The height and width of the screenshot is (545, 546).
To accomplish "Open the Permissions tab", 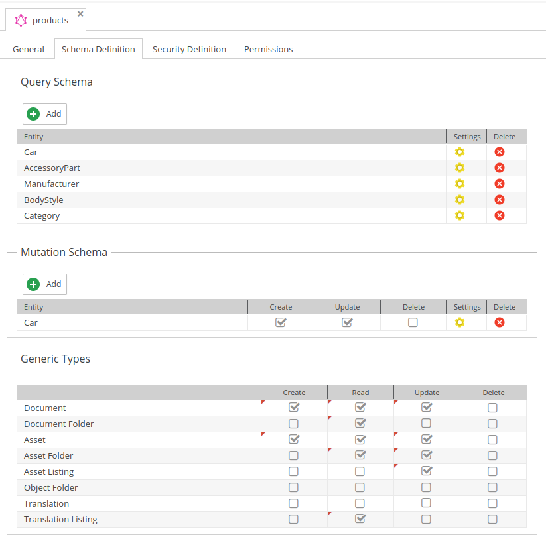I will (x=268, y=49).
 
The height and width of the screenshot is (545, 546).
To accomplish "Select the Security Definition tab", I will (x=189, y=49).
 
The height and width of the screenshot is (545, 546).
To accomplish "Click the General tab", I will (x=29, y=49).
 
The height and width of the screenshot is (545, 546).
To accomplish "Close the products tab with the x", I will (x=80, y=13).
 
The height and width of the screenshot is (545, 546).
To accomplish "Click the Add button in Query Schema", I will (x=45, y=114).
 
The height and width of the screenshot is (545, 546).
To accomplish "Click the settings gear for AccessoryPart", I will (x=460, y=168).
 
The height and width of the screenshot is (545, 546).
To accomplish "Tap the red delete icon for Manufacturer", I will (x=500, y=184).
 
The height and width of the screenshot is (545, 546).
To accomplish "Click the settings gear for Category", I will (x=460, y=215).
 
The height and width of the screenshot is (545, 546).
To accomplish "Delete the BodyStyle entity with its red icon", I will (x=500, y=200).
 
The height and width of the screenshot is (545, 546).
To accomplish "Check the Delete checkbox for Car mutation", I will (x=413, y=322).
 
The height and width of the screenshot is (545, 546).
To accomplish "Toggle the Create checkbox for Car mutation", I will (x=281, y=322).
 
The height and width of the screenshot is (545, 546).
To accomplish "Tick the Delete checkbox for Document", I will (x=492, y=408).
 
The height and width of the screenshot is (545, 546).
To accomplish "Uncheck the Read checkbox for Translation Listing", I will (x=360, y=519).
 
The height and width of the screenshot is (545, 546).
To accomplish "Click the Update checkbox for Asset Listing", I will (x=427, y=471).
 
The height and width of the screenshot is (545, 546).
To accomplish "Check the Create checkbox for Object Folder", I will (x=293, y=487).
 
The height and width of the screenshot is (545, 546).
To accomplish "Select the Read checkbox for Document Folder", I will (x=360, y=424).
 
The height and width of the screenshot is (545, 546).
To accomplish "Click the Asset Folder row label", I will (x=48, y=455).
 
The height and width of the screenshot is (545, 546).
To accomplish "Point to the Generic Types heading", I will (x=55, y=359).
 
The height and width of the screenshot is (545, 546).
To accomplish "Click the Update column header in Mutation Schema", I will (x=347, y=307).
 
